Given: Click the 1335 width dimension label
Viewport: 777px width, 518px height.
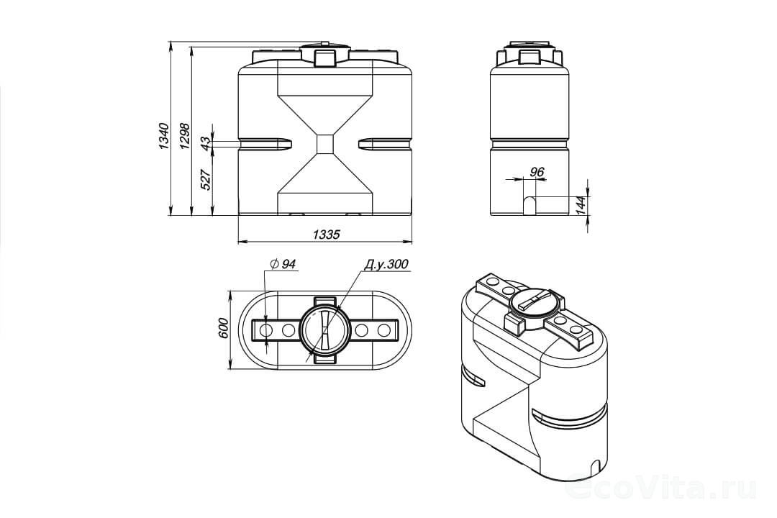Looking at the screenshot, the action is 327,234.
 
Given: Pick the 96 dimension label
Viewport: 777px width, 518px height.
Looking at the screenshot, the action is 537,172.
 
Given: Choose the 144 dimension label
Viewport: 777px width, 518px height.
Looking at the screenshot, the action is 581,205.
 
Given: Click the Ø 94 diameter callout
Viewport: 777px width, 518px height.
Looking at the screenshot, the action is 283,264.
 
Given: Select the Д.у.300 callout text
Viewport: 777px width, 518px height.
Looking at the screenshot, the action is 386,264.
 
